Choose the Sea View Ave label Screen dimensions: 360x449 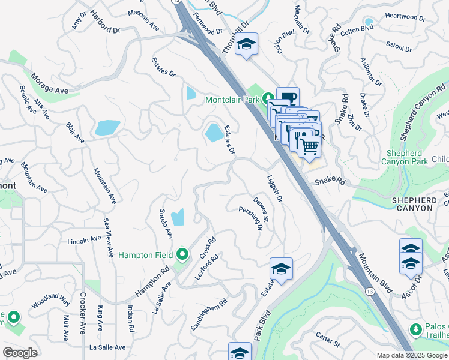coord(108,238)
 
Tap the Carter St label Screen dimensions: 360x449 coord(328,341)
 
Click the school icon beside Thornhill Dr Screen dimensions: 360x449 coord(246,44)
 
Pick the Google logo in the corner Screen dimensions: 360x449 coord(20,353)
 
